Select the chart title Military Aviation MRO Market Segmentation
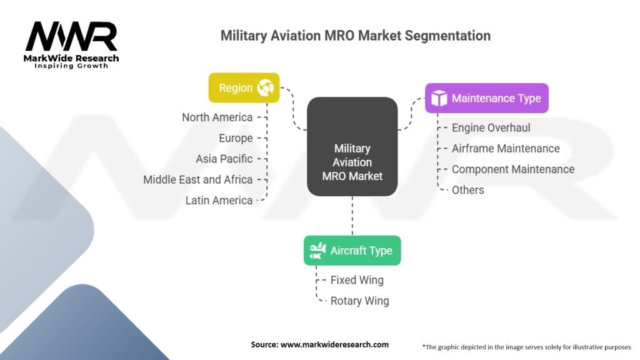355,36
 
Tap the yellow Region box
244,88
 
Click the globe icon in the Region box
265,88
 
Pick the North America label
217,117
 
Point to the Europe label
236,138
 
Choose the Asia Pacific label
224,159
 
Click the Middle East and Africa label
197,179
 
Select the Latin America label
219,201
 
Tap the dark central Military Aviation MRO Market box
352,146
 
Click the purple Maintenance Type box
486,98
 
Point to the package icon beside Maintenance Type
440,98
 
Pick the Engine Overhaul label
491,127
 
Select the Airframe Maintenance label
506,148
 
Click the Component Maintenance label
512,169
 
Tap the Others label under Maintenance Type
467,190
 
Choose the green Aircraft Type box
352,251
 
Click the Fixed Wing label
357,280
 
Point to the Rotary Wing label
359,301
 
